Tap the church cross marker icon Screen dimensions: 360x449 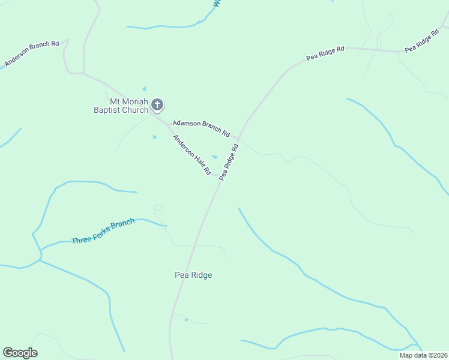pos(157,106)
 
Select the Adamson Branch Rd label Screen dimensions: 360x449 pos(202,127)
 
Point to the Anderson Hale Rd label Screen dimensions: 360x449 pos(192,155)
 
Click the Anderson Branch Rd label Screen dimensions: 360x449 pos(32,54)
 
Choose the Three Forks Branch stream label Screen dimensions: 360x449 pos(103,232)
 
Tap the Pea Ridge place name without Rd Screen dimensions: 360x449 pos(193,275)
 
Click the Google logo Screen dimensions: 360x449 pos(20,353)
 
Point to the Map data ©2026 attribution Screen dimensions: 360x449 pos(423,355)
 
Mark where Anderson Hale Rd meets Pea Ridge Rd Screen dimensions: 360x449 pos(220,177)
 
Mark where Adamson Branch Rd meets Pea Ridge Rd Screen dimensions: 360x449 pos(238,138)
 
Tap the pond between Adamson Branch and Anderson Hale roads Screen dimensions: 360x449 pos(214,157)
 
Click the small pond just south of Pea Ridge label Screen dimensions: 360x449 pos(186,319)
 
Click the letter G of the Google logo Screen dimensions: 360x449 pos(8,353)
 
